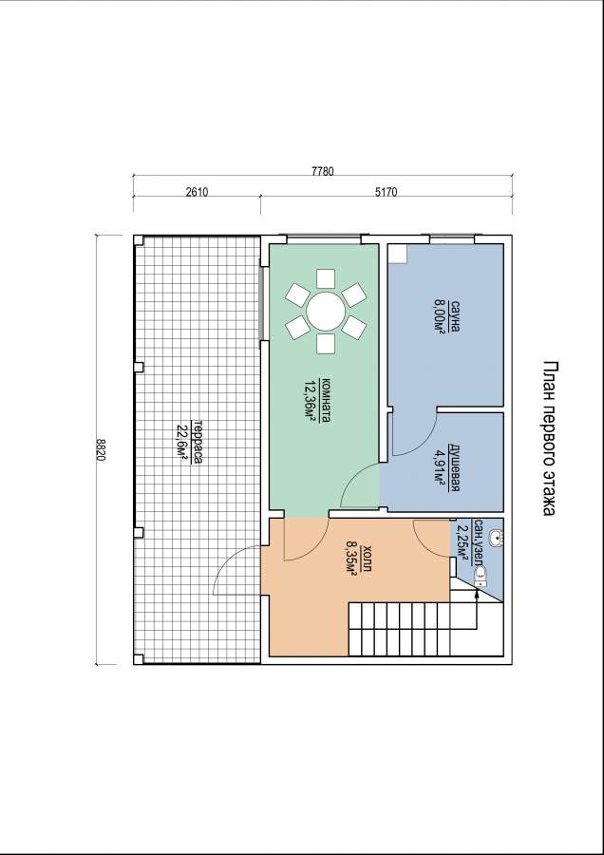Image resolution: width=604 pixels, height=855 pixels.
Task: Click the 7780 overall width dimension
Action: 323,171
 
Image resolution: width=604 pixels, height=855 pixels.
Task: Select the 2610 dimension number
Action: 197,192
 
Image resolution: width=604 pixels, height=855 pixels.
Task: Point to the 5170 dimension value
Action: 386,192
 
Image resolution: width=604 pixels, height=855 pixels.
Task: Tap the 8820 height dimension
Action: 101,450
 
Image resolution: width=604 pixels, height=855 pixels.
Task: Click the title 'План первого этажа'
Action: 550,438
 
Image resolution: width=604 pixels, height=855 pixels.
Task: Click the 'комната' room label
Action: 327,401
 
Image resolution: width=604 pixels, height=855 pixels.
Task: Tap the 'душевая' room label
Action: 455,467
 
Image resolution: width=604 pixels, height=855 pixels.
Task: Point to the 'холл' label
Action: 368,557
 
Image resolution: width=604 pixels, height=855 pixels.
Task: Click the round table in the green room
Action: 326,311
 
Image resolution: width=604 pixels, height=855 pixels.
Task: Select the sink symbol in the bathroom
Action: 496,539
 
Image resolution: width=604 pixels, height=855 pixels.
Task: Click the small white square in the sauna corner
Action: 397,253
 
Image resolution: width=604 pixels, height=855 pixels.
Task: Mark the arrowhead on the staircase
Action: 477,593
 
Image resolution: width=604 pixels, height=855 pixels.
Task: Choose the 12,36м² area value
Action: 312,401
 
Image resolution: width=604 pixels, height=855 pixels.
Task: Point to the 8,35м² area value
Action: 352,557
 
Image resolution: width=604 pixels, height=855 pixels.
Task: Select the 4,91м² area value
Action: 440,467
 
